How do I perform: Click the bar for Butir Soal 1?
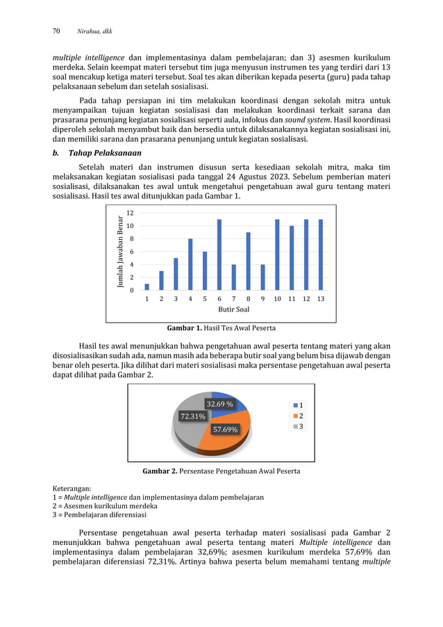147,286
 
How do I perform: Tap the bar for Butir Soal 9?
262,277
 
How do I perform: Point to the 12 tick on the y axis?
130,213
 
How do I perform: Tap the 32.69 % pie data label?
219,404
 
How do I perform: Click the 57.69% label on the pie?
223,429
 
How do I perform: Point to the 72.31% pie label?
192,416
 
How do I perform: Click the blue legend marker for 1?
296,405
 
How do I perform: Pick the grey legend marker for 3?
296,426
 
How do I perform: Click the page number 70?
57,31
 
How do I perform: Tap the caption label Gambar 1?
183,328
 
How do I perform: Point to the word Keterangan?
74,487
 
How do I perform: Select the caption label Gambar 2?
160,471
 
